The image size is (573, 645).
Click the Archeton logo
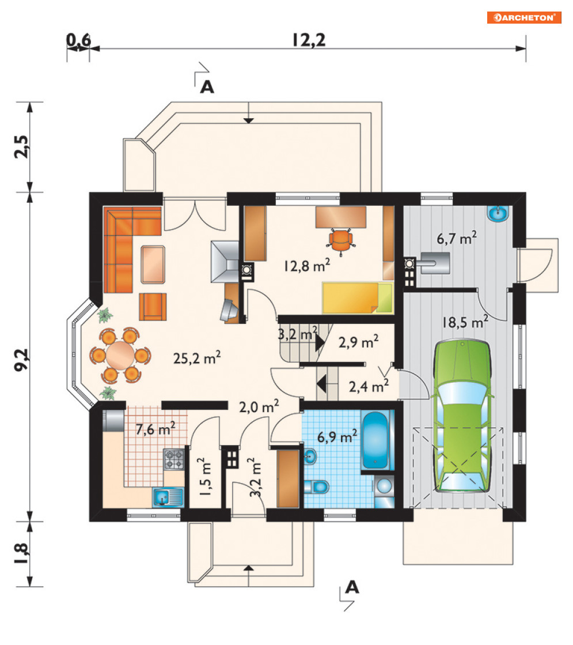(x=524, y=18)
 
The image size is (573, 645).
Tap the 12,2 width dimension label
(x=309, y=40)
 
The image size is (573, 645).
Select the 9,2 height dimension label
(x=21, y=360)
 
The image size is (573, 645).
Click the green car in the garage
(x=462, y=416)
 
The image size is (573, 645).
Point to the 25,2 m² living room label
(x=197, y=358)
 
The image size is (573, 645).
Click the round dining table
(x=120, y=354)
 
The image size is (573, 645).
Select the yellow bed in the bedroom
(x=357, y=298)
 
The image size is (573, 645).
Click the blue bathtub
(x=374, y=440)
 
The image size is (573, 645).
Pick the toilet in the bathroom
(x=317, y=486)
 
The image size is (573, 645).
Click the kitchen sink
(x=168, y=497)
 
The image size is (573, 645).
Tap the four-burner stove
(x=174, y=459)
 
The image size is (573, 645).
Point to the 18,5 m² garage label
(x=465, y=322)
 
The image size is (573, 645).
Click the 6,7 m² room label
(x=456, y=238)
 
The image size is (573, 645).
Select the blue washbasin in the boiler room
(x=498, y=213)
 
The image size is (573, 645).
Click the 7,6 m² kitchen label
(x=155, y=429)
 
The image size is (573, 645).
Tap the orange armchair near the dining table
(x=153, y=307)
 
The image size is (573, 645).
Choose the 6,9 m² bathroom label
(x=337, y=436)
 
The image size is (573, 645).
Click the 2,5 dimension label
(x=21, y=146)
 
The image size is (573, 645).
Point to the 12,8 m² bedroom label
(x=306, y=266)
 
